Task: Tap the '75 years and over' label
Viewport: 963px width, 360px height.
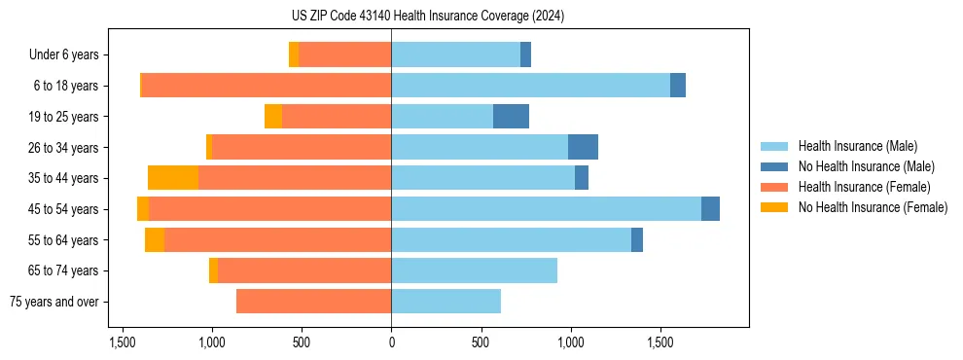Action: coord(54,302)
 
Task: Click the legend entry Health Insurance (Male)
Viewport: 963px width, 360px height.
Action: coord(857,147)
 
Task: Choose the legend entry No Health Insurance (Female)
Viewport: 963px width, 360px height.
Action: coord(873,207)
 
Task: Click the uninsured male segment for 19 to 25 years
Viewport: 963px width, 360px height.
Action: coord(511,117)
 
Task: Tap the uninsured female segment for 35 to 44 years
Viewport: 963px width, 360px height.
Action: coord(173,178)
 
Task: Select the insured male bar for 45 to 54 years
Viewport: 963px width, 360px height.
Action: coord(546,209)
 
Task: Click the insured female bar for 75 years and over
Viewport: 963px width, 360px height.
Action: coord(313,302)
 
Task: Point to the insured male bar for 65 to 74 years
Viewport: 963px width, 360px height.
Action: coord(474,270)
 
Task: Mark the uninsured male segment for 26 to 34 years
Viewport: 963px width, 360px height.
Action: coord(583,147)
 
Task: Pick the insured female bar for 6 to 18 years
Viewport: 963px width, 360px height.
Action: coord(267,86)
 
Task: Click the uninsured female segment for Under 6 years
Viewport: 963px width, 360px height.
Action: coord(294,54)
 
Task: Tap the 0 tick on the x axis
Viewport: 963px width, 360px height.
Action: coord(391,342)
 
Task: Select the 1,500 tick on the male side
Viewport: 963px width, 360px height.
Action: coord(660,342)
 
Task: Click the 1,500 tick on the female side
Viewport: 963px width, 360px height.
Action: coord(123,342)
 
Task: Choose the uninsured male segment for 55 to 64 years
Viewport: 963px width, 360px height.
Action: coord(637,239)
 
